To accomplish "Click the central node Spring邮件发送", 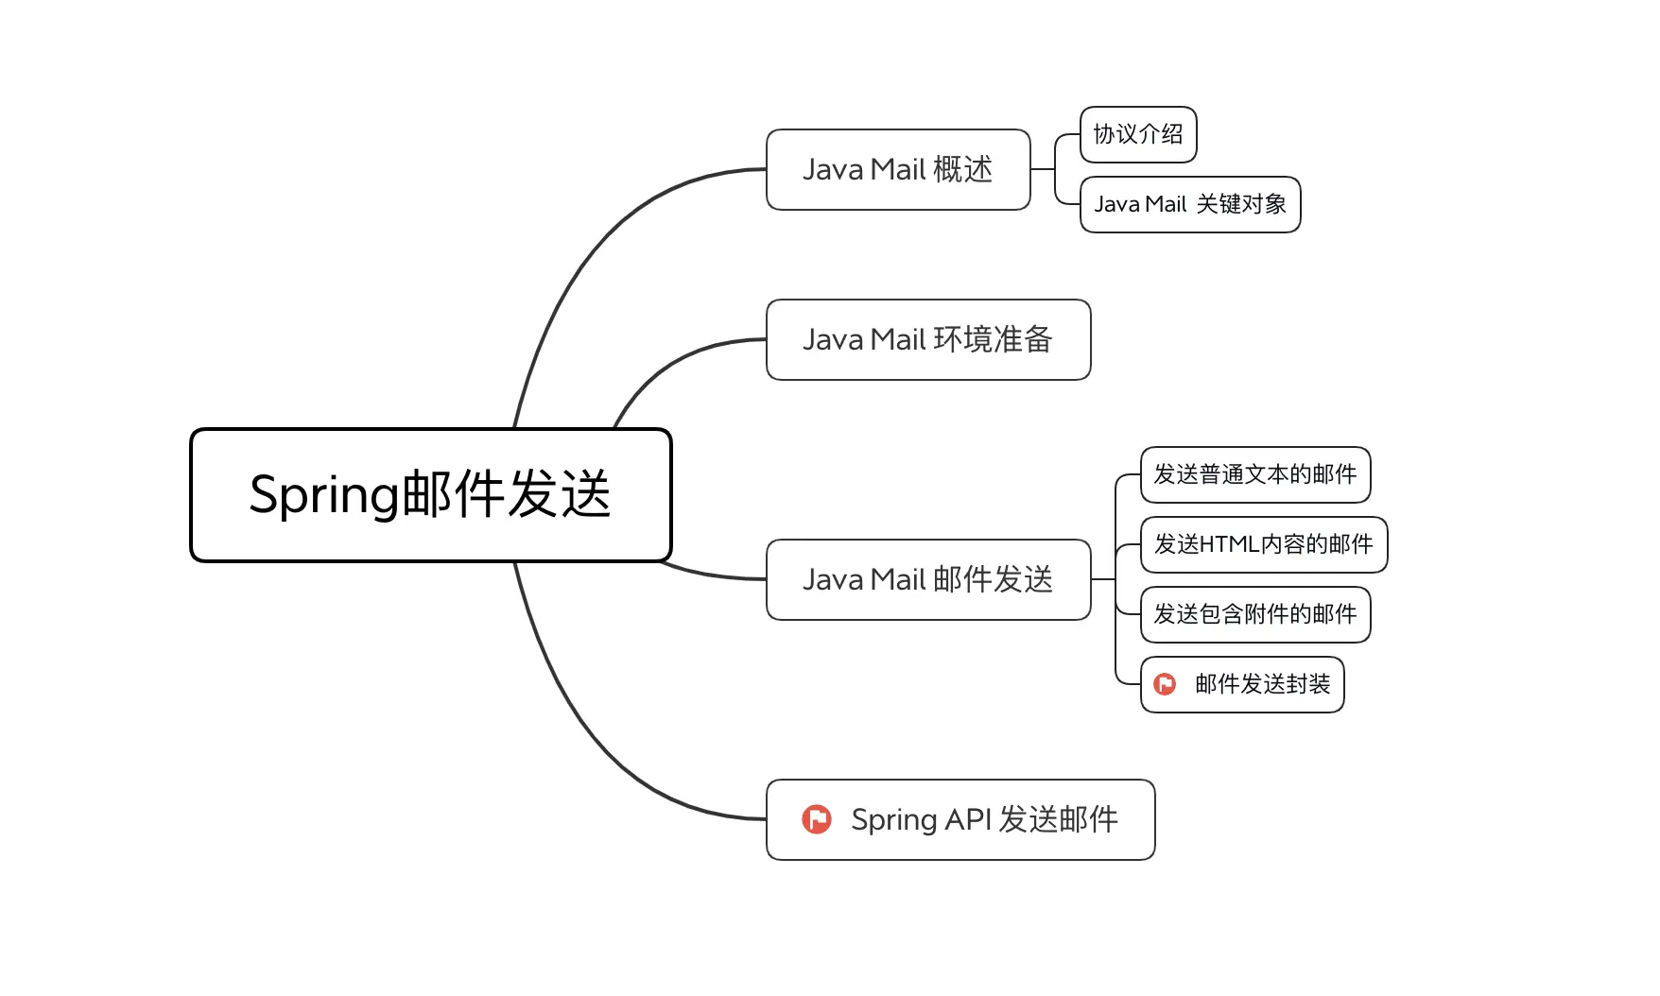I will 430,495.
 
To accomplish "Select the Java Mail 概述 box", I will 897,170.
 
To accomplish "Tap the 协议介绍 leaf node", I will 1137,135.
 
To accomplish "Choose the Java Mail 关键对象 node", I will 1189,205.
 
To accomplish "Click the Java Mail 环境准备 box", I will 927,340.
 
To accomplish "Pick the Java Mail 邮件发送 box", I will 927,580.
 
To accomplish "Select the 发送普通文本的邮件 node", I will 1254,474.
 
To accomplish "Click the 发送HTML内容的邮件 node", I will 1263,545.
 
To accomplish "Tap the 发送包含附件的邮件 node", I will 1254,615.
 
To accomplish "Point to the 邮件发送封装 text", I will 1262,684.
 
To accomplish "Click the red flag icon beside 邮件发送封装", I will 1165,684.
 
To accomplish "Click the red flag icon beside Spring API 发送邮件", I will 817,819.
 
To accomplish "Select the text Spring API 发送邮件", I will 984,819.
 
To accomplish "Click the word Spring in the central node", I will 324,495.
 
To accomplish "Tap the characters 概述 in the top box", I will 962,170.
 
